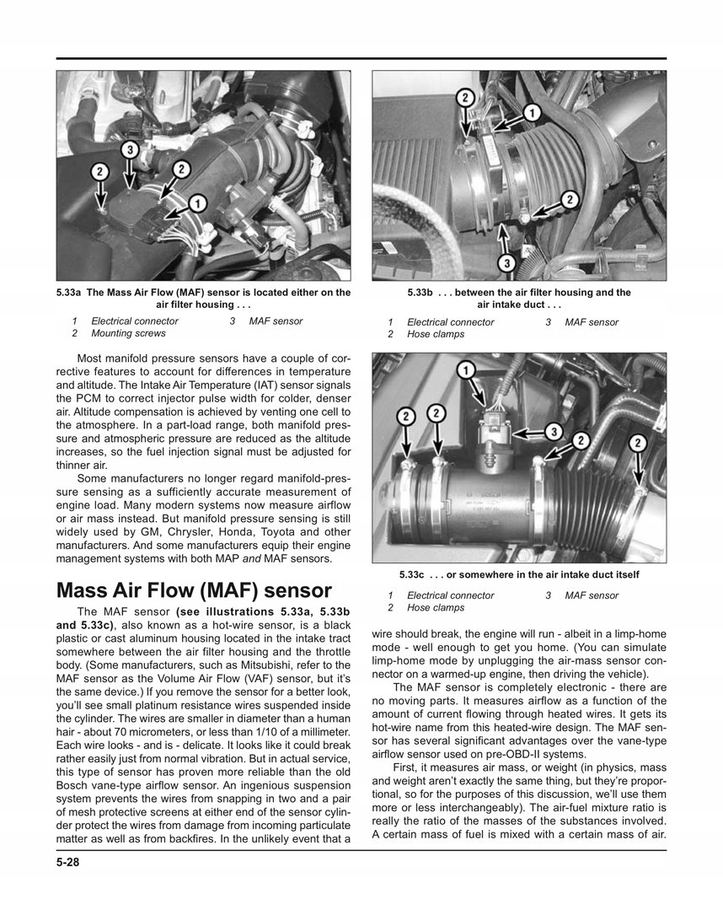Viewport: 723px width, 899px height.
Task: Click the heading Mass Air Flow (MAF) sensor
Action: (x=194, y=589)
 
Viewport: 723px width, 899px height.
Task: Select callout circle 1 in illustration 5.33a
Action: (x=196, y=203)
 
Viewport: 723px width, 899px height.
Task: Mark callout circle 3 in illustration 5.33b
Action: (x=506, y=263)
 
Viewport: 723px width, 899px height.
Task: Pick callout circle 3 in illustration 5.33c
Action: (x=553, y=432)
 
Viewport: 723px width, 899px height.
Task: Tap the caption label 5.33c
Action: (x=415, y=574)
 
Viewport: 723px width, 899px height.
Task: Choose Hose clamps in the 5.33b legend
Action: (x=435, y=334)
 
